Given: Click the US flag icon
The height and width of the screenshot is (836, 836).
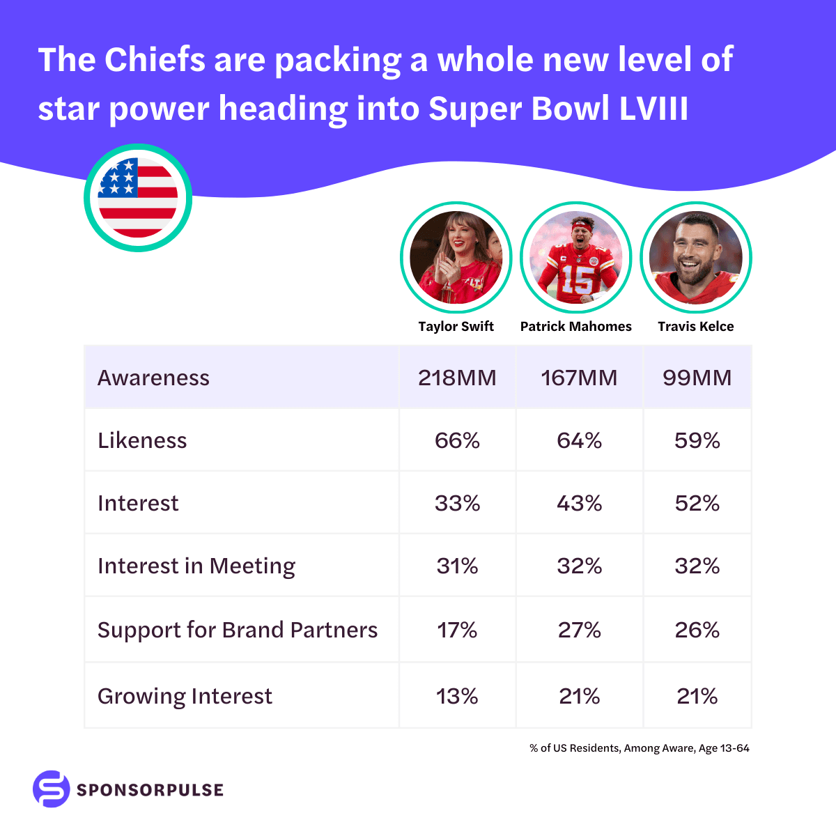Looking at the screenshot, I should [138, 198].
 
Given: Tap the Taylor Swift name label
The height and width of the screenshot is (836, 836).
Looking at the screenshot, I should [456, 326].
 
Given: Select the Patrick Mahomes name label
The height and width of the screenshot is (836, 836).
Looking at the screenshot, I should [575, 326].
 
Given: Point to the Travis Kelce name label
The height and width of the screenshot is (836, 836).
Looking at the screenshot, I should [695, 326].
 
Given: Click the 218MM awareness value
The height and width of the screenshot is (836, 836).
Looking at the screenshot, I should [457, 378].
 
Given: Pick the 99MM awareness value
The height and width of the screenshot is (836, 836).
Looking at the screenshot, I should [697, 378].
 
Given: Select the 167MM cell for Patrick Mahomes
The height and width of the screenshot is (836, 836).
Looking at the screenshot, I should [579, 378].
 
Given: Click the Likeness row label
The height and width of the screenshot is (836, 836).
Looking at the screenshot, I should [142, 440].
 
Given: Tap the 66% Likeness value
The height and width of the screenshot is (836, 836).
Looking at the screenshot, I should [457, 440].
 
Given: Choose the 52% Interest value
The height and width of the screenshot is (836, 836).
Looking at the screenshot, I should [697, 503].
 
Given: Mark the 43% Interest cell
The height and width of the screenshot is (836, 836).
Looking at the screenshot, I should [579, 503].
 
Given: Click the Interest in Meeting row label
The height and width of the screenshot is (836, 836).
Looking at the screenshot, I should [196, 566].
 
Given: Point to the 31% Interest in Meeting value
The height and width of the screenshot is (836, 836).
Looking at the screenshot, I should [457, 566].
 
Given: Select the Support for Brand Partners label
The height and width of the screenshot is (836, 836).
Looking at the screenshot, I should [238, 630].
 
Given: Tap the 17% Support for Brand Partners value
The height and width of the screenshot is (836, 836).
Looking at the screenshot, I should [457, 630].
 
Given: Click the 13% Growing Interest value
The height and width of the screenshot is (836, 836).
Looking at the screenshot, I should [457, 696].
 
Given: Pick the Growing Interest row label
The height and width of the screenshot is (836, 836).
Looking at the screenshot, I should [185, 696].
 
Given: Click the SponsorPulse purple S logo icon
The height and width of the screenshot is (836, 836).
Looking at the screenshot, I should [52, 789].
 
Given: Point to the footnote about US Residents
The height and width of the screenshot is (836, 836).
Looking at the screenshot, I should [640, 748].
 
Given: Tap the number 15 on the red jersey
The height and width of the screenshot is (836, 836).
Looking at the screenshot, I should [577, 279].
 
